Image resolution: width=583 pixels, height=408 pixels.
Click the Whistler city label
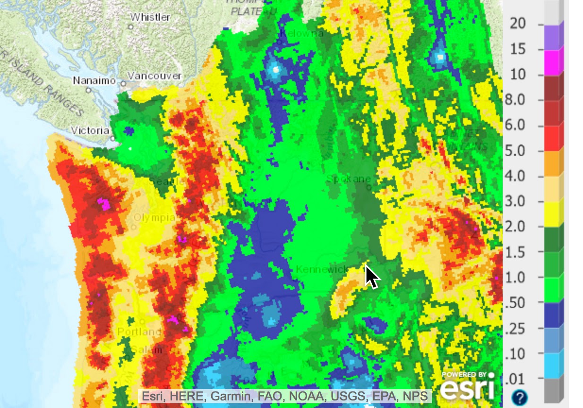pos(150,17)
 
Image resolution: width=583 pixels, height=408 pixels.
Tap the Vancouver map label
pos(154,76)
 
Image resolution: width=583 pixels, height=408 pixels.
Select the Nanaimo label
pos(94,81)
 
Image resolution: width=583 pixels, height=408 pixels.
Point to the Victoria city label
pos(90,130)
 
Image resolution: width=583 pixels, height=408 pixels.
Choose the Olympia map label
pos(154,218)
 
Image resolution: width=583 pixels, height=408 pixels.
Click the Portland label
pos(139,331)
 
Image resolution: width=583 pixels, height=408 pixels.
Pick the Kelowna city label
pos(301,34)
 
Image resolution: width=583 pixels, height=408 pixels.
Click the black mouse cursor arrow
pos(372,276)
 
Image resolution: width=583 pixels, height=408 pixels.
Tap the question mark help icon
pos(519,397)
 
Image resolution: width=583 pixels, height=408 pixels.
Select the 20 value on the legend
pos(518,23)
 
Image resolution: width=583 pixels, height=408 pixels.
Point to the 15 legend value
pos(518,49)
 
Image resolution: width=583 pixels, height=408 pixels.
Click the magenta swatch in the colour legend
pos(554,61)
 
